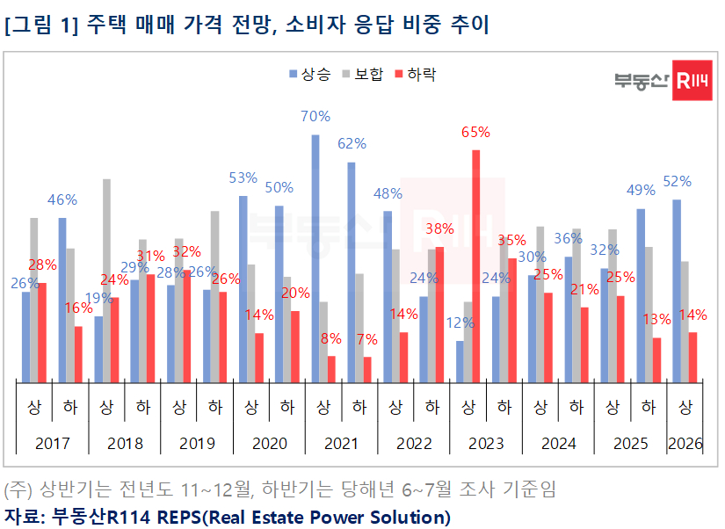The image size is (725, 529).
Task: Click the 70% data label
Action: coord(315,116)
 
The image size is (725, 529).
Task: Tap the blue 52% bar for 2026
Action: coord(677,290)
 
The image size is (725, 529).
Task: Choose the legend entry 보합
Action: coord(363,75)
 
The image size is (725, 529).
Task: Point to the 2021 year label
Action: coord(341,444)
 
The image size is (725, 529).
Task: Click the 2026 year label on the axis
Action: coord(685,444)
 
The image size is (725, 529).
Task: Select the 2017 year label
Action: coord(52,444)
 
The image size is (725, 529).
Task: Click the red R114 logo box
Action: coord(692,81)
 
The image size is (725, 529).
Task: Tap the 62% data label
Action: coord(352,143)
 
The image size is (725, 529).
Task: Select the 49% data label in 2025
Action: coord(641,191)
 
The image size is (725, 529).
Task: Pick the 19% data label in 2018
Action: coord(98,298)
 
